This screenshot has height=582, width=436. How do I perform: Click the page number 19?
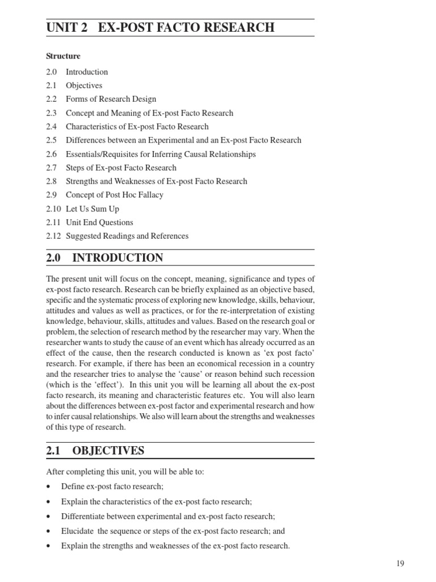[400, 563]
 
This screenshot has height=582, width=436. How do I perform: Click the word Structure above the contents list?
[63, 56]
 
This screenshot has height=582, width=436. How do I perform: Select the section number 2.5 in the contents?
[52, 140]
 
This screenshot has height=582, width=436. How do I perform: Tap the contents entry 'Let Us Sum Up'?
[93, 209]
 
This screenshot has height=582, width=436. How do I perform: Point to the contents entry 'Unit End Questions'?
[99, 222]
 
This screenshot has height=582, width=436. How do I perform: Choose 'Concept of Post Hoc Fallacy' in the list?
[114, 195]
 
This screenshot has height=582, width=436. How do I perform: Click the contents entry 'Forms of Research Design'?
[111, 99]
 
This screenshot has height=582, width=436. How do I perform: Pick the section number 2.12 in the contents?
[53, 236]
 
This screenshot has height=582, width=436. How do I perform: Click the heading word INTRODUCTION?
[118, 258]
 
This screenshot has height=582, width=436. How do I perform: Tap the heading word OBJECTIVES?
[108, 451]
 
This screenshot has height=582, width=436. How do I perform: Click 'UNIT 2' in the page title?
[67, 27]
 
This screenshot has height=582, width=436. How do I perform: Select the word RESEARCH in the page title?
[239, 27]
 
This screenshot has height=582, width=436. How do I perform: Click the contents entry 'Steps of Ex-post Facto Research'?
[121, 168]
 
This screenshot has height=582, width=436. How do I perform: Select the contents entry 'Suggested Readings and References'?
[127, 236]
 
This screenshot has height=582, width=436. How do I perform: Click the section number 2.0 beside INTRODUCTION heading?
[53, 258]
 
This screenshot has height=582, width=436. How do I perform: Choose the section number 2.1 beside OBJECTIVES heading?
[53, 451]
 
